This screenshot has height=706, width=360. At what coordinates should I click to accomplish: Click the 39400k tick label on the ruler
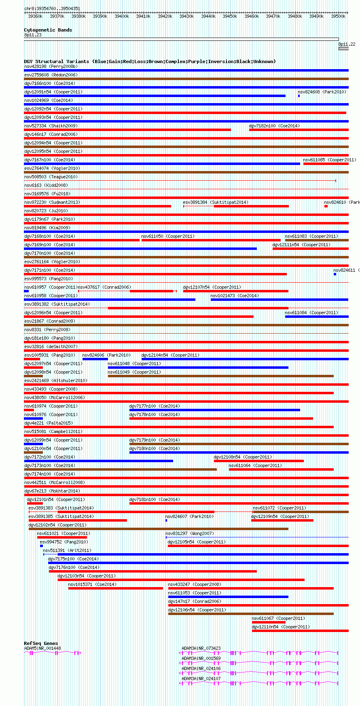click(x=121, y=16)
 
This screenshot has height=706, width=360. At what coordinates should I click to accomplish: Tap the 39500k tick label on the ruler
click(x=338, y=16)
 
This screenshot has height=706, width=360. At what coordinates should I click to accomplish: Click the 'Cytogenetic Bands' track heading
click(x=48, y=30)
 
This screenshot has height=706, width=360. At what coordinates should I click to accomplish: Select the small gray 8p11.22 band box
click(x=343, y=49)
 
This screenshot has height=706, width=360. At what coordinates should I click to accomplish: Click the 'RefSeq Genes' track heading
click(x=41, y=643)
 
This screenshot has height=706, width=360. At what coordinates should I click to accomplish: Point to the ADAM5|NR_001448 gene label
click(x=42, y=648)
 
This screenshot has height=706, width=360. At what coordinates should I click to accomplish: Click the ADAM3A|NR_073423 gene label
click(x=201, y=648)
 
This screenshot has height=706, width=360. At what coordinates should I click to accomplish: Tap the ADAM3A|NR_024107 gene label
click(x=201, y=679)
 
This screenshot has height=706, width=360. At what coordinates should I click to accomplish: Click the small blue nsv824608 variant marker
click(x=299, y=96)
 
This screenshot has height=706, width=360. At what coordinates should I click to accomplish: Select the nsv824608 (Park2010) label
click(x=322, y=92)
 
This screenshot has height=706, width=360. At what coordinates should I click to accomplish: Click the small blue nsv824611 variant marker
click(x=335, y=274)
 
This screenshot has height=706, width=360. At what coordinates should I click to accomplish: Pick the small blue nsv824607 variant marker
click(x=166, y=520)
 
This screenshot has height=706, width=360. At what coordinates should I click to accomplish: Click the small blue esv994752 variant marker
click(x=41, y=546)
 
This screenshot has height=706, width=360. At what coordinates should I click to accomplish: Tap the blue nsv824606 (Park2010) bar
click(x=95, y=359)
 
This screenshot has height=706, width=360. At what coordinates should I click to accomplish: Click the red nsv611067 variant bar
click(x=269, y=622)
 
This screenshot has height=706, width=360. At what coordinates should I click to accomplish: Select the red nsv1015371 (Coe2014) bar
click(x=115, y=588)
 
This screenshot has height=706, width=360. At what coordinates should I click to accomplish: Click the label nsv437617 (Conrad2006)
click(x=104, y=287)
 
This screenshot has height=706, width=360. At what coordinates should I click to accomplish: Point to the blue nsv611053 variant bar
click(x=228, y=597)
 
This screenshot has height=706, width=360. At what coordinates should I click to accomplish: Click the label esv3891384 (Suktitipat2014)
click(x=216, y=202)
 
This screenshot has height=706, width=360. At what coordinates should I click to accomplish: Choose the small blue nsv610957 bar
click(x=26, y=291)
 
